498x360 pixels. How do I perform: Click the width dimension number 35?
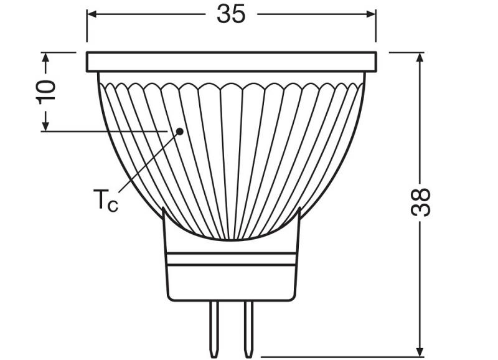coord(231,14)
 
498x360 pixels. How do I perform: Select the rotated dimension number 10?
coord(45,91)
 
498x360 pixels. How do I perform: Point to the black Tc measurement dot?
coord(179,131)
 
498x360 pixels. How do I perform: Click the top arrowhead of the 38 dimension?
coord(421,58)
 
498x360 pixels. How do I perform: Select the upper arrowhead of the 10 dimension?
coord(45,58)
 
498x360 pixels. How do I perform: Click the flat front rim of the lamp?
coord(231,62)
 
